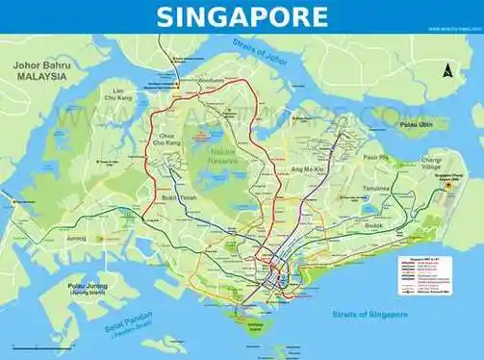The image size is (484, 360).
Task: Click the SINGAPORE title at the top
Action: coord(242,15)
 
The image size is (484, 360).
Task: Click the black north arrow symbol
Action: coord(446,69)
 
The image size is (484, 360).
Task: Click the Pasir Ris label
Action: coord(375,157)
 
